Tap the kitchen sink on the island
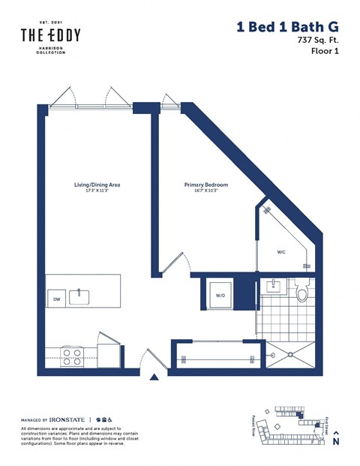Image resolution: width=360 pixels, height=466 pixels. point(80,297)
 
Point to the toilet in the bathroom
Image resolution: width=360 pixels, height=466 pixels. point(303,291)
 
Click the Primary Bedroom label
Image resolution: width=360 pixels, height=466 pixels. point(206,185)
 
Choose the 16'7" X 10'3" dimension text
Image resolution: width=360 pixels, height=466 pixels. point(206,191)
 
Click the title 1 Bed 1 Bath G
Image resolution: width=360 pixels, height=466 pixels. point(287,27)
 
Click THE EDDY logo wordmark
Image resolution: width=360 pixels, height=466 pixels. point(50,35)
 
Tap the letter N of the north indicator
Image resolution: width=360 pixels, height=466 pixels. point(336,443)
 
